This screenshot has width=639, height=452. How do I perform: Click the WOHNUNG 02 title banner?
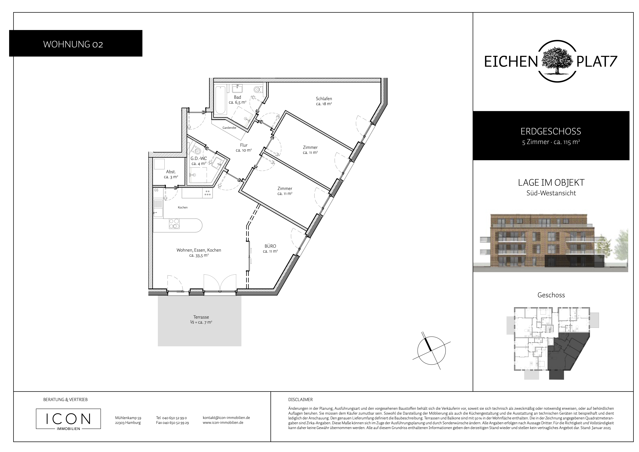[76, 43]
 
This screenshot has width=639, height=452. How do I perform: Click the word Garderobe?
[229, 128]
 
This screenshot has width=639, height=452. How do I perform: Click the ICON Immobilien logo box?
[68, 419]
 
